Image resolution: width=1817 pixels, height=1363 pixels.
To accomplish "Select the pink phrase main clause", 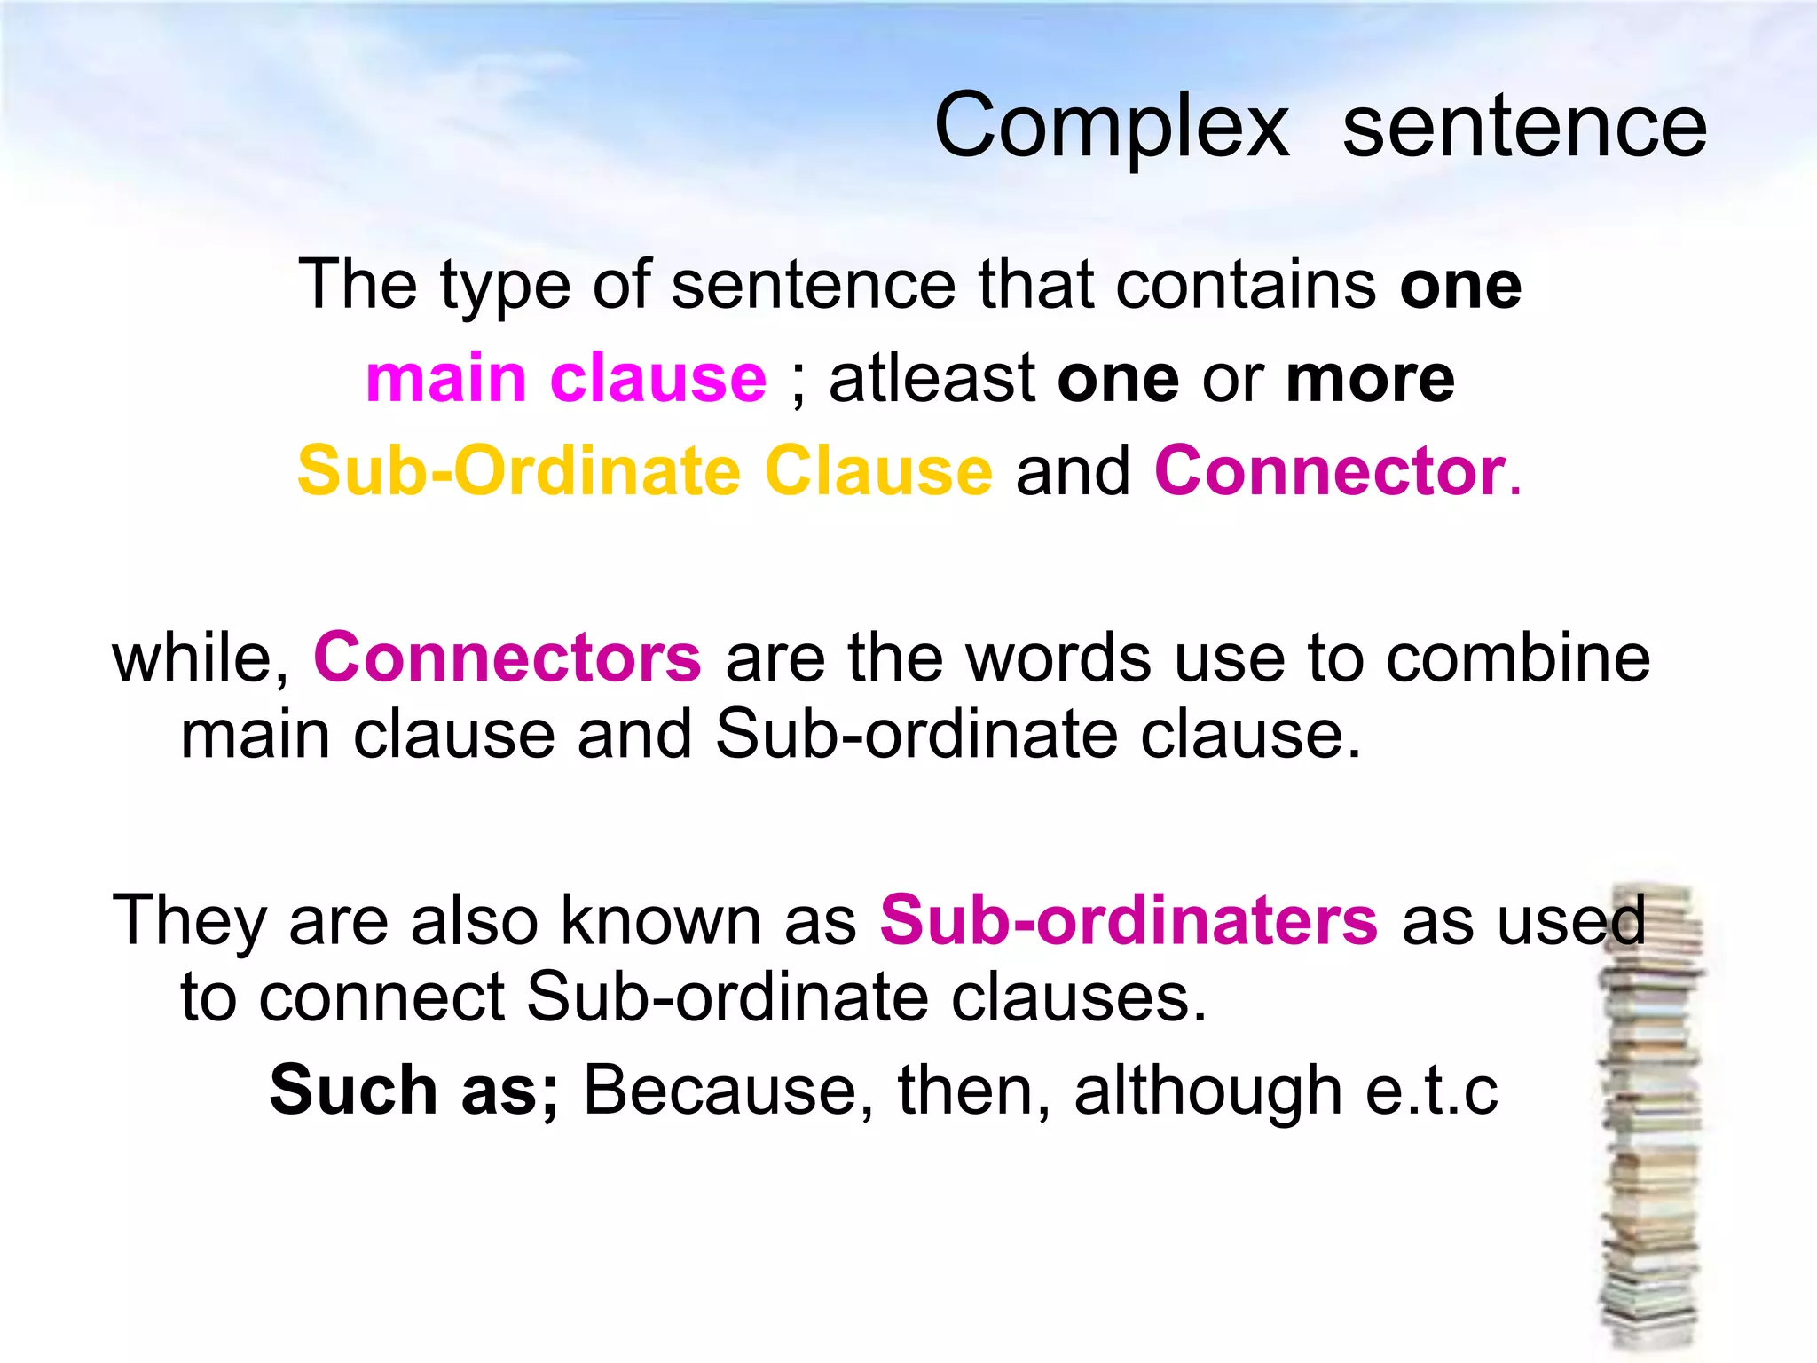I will tap(566, 379).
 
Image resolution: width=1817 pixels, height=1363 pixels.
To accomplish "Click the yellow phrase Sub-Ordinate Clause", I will tap(645, 471).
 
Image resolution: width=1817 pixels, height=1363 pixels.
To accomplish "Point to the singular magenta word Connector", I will tap(1330, 471).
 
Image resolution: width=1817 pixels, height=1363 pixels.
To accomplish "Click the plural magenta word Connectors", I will tap(507, 658).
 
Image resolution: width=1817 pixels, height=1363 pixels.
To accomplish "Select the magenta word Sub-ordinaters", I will tap(1129, 920).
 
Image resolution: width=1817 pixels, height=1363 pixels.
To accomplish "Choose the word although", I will tap(1207, 1091).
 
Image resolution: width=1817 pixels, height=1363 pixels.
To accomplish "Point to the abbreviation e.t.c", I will tap(1431, 1091).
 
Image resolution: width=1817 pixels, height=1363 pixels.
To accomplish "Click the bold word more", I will tap(1370, 379).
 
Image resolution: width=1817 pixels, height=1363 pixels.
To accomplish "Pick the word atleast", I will tap(932, 379).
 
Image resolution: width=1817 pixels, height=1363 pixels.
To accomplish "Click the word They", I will tap(188, 920).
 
